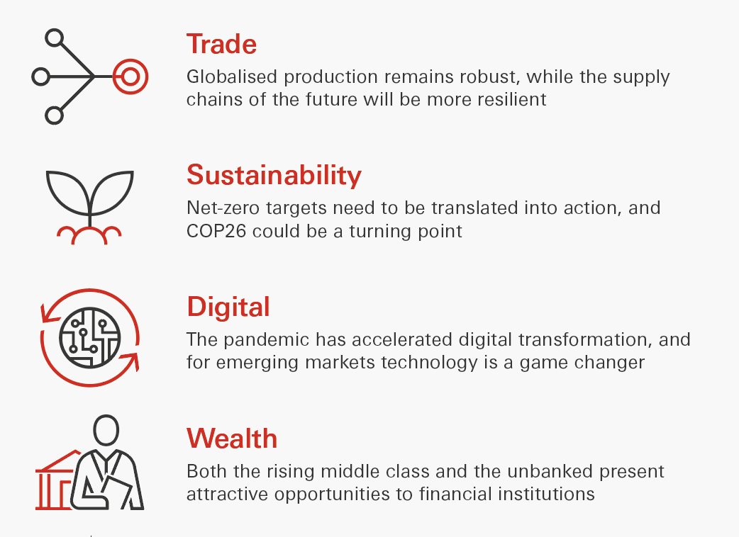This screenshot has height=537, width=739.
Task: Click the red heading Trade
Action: [x=221, y=44]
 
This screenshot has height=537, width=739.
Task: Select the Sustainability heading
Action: [x=274, y=175]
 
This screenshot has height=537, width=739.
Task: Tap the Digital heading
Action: [x=228, y=307]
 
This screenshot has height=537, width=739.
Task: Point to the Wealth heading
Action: [x=232, y=438]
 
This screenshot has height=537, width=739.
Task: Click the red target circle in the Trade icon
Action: [x=130, y=77]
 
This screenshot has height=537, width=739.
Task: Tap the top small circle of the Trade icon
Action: [x=54, y=38]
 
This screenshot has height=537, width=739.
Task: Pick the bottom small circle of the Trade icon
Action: [x=54, y=115]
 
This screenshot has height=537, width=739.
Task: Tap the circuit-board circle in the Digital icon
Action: [x=90, y=337]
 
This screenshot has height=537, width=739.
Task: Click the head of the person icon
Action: [x=106, y=430]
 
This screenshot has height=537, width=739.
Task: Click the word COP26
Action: [x=216, y=231]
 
